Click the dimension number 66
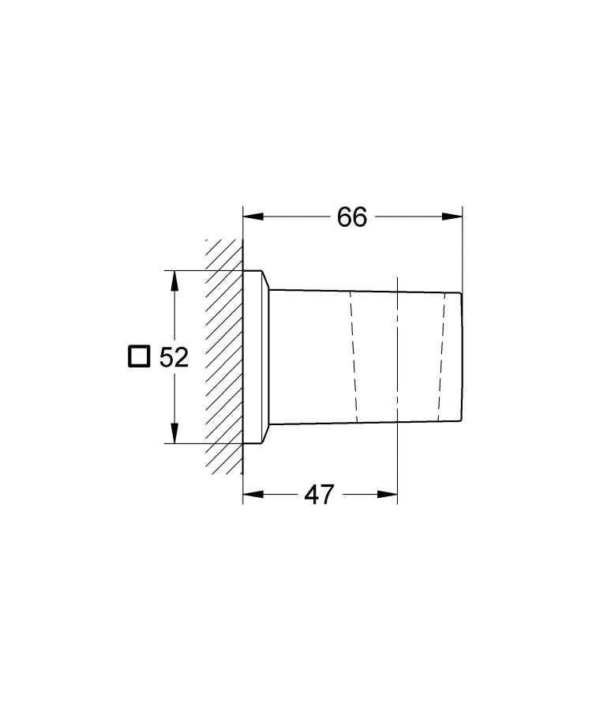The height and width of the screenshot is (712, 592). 351,217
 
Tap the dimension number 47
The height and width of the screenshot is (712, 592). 319,494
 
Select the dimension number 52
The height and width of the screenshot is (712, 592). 174,357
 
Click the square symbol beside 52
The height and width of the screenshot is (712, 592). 138,356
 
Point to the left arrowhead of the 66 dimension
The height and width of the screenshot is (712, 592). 253,217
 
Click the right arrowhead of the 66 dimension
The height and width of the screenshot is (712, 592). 451,217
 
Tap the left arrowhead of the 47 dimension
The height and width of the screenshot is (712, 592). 253,494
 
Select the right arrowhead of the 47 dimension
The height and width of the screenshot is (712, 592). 387,494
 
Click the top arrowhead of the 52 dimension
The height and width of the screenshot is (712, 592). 174,281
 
